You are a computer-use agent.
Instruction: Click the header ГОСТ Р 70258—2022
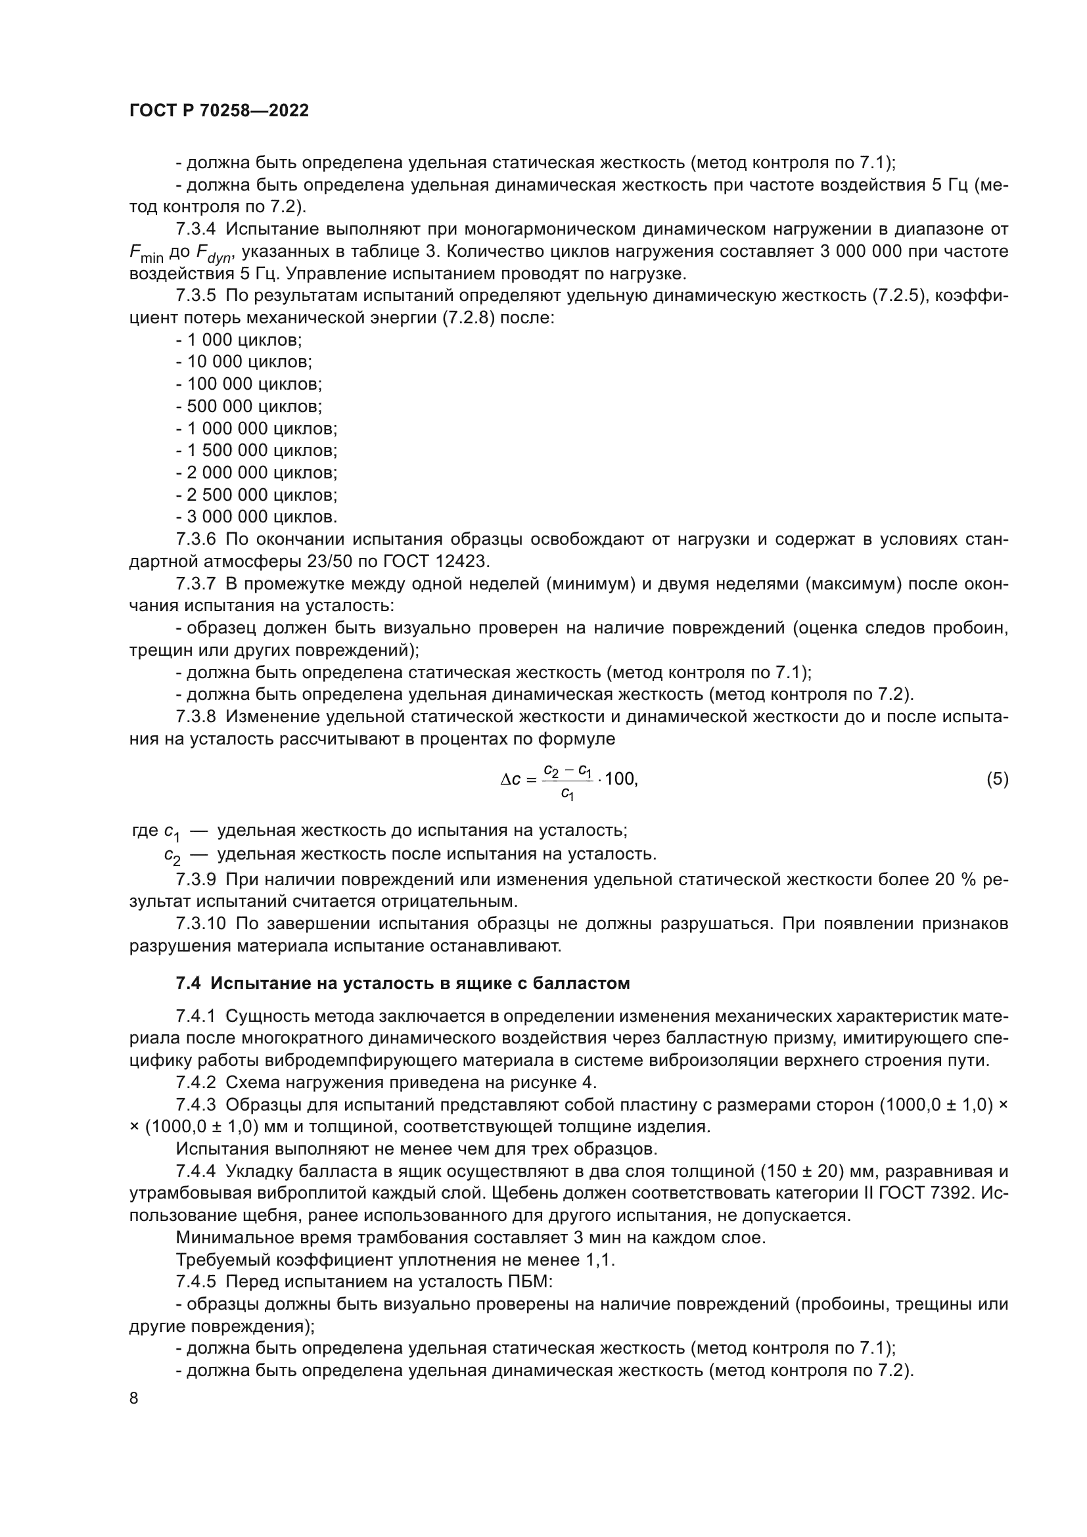pyautogui.click(x=219, y=111)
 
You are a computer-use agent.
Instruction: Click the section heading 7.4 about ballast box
pyautogui.click(x=402, y=984)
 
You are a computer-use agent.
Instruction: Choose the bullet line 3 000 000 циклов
pyautogui.click(x=256, y=516)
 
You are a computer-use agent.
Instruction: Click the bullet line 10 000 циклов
pyautogui.click(x=244, y=362)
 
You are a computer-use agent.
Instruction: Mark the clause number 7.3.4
pyautogui.click(x=195, y=229)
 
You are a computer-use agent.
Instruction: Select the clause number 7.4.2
pyautogui.click(x=195, y=1082)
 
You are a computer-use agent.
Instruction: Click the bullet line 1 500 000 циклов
pyautogui.click(x=256, y=451)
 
